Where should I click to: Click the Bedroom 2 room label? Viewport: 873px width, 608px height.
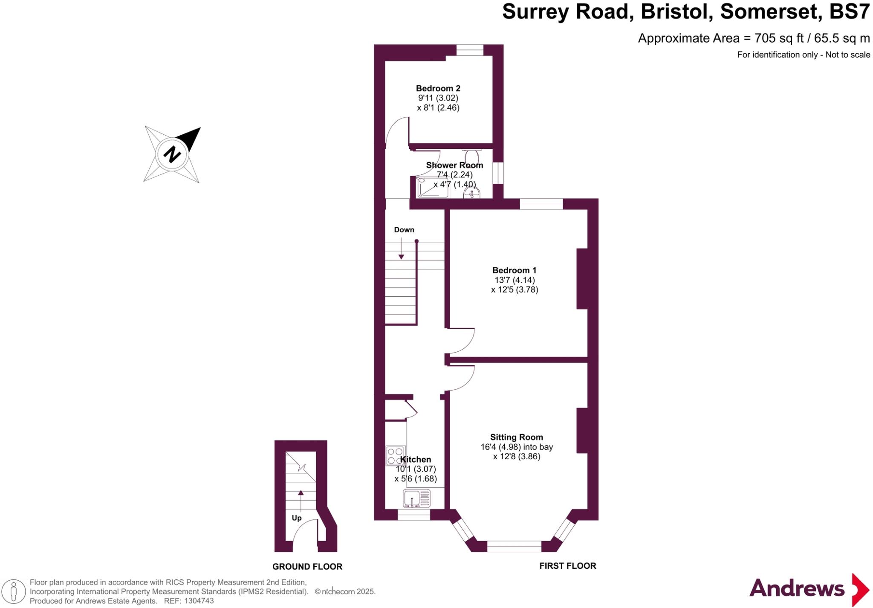pos(438,89)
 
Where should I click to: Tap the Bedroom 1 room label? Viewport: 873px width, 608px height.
pos(514,270)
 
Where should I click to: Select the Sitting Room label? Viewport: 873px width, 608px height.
pos(516,437)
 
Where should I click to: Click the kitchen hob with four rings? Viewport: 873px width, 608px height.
pos(395,455)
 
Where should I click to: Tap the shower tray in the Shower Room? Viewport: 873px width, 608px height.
pos(433,187)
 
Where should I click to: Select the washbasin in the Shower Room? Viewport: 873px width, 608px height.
pos(471,193)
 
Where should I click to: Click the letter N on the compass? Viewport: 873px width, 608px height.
pos(172,154)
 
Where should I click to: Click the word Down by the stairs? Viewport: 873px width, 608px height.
pos(404,230)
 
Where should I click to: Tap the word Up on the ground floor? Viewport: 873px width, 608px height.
pos(297,518)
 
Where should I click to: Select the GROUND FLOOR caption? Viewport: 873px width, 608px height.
pos(307,567)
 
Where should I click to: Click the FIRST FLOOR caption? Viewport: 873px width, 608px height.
pos(567,566)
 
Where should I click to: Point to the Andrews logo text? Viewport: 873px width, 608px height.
pos(797,589)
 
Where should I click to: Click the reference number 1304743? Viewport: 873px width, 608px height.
pos(197,601)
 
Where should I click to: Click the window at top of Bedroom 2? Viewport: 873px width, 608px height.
pos(470,50)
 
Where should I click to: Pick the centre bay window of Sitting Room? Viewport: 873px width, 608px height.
pos(514,546)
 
